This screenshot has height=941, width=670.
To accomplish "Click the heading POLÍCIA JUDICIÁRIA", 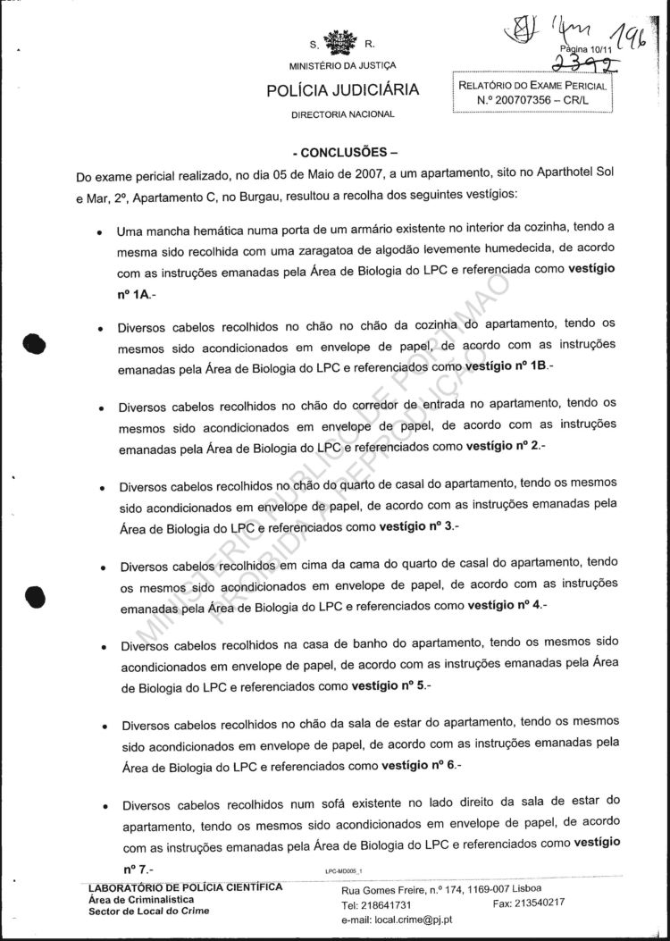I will (343, 90).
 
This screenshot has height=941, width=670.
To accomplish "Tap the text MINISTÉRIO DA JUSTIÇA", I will (343, 65).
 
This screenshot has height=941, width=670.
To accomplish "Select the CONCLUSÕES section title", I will (344, 151).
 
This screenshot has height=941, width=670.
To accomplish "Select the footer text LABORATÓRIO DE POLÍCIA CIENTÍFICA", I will (186, 887).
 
